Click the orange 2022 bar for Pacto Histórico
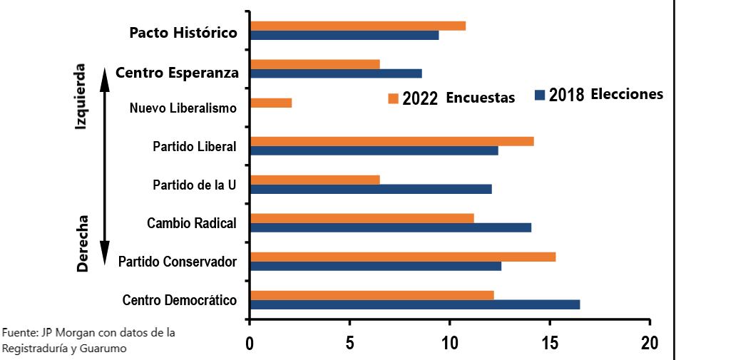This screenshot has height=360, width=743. (358, 26)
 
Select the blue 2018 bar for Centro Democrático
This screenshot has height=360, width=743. (415, 304)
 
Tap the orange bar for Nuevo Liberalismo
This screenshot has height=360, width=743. (271, 103)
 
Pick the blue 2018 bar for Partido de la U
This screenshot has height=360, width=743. (371, 189)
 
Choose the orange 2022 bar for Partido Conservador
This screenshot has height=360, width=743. (403, 257)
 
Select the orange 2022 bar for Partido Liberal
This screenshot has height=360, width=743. (392, 141)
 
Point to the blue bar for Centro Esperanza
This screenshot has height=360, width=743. (336, 73)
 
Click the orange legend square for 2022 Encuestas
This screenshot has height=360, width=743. (393, 98)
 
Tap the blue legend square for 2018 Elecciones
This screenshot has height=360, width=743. (540, 95)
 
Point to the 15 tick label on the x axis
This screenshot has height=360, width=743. (549, 343)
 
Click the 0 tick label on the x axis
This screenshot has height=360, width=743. (250, 343)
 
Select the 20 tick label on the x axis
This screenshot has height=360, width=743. (650, 343)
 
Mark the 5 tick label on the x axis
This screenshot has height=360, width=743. (349, 343)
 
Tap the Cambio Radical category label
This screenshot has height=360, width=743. (191, 223)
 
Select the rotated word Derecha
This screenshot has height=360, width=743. (82, 243)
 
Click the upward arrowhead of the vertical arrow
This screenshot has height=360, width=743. (104, 73)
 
